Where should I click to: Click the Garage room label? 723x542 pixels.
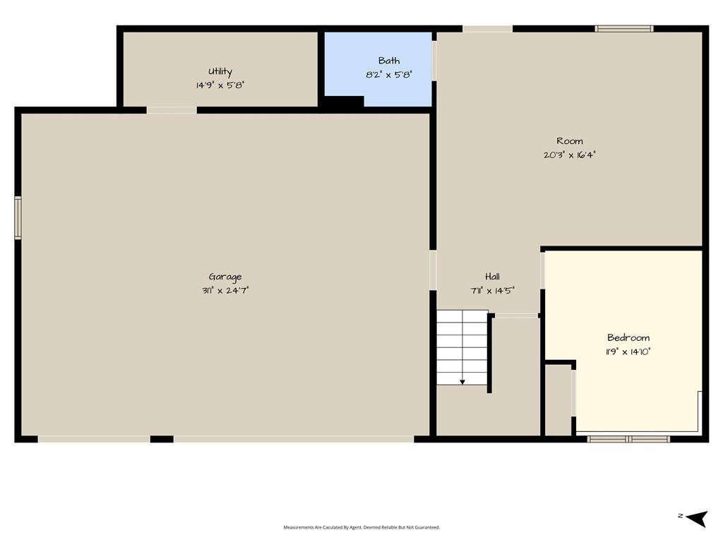[x=225, y=277]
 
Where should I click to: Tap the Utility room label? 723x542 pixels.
[x=220, y=71]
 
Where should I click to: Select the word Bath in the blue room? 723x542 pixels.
[x=389, y=61]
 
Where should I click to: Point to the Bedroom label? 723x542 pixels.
[x=628, y=337]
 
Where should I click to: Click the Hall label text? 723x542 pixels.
[x=492, y=277]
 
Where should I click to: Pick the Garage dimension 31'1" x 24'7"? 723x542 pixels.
[x=225, y=290]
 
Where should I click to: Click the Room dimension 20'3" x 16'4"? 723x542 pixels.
[x=570, y=155]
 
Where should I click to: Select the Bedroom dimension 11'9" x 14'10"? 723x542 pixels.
[x=628, y=351]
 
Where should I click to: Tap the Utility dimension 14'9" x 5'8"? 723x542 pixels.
[x=220, y=85]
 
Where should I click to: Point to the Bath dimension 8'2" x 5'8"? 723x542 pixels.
[x=389, y=74]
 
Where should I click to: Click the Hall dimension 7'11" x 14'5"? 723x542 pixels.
[x=492, y=290]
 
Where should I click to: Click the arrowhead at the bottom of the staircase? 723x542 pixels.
[x=462, y=382]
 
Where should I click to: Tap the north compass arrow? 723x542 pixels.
[x=696, y=517]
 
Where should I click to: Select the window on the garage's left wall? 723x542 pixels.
[x=18, y=217]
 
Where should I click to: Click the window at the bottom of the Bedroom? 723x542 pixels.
[x=628, y=439]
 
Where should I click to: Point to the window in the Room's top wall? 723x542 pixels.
[x=624, y=28]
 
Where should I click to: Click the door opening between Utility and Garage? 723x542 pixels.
[x=172, y=110]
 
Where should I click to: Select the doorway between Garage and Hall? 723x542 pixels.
[x=433, y=270]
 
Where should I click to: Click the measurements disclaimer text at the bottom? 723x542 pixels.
[x=361, y=527]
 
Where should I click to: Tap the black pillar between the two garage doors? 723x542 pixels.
[x=162, y=439]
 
